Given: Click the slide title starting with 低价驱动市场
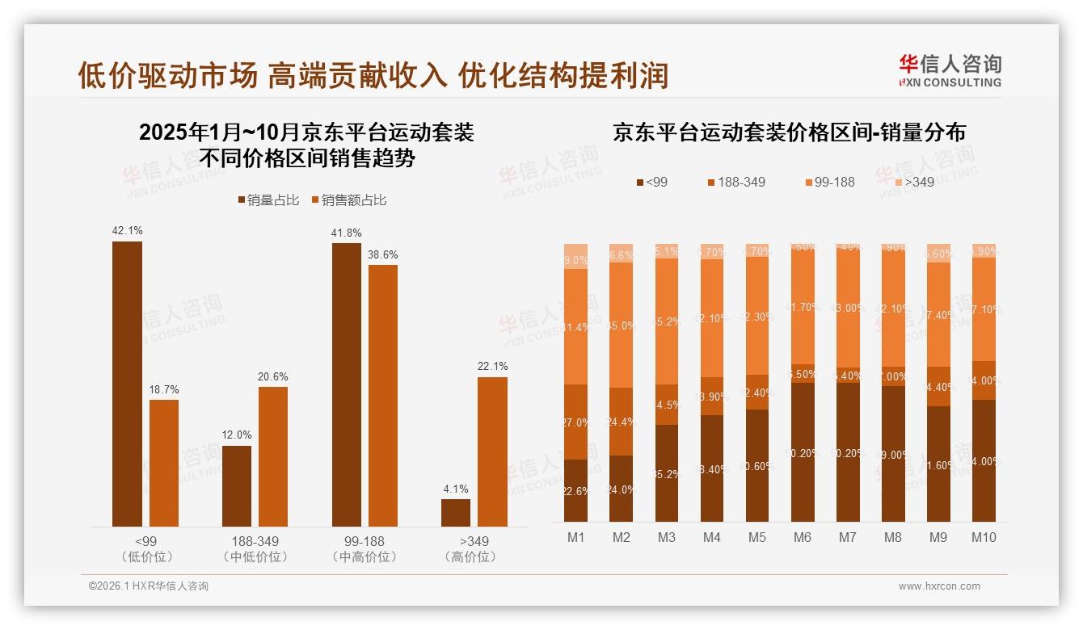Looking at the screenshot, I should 373,74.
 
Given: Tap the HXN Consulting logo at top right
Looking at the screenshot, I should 950,70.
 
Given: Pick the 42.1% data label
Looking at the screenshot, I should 127,231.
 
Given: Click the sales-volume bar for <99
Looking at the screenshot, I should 127,384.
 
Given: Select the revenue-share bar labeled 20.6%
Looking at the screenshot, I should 273,456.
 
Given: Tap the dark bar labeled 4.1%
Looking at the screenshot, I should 456,512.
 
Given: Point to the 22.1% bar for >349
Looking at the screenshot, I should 492,451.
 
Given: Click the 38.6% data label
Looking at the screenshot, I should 383,254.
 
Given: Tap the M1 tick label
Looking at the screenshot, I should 575,538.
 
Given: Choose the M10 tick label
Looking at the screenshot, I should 984,538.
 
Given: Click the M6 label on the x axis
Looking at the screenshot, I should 803,538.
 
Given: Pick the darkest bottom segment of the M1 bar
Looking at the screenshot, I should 575,490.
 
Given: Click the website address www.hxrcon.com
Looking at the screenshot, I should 939,586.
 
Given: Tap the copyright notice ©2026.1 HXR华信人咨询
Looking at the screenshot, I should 148,586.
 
